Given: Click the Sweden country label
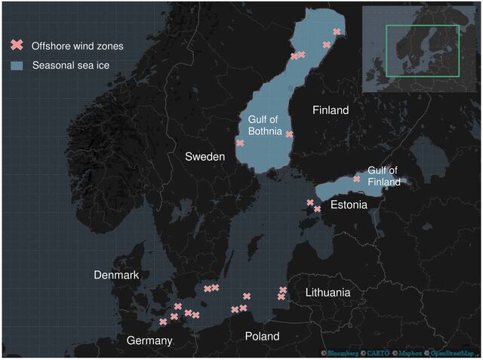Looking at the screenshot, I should [206, 157].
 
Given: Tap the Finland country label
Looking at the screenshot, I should [331, 110].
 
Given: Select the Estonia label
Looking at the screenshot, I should [349, 205].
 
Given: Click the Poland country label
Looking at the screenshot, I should [263, 336].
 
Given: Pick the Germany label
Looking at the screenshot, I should [149, 340].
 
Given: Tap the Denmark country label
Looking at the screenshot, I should [116, 275].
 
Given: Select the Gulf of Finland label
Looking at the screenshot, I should [383, 177].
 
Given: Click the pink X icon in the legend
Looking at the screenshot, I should [17, 46].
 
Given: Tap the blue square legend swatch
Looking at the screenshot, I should [17, 66].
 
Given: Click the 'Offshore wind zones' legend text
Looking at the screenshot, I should [78, 46].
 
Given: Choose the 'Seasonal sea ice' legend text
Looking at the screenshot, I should [71, 66].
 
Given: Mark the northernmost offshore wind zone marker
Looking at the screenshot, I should [337, 32].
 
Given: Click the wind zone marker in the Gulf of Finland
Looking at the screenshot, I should [357, 179].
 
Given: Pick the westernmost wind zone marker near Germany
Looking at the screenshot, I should [163, 322].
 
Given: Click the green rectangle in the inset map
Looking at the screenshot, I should [422, 51].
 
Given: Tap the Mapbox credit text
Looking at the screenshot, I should [412, 353].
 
